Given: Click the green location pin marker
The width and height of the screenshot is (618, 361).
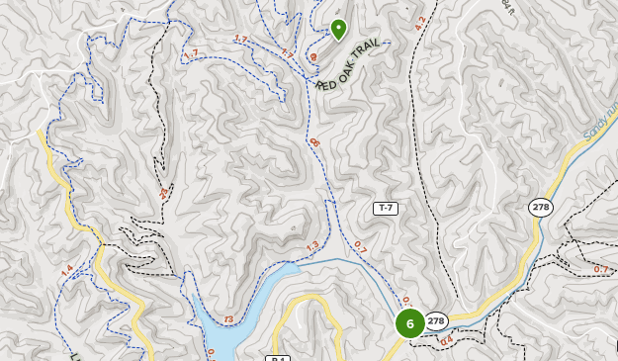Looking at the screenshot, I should [x=338, y=29].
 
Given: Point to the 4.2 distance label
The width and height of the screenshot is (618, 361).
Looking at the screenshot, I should [x=420, y=23].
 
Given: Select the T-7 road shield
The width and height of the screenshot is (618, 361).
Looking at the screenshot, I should [x=385, y=208].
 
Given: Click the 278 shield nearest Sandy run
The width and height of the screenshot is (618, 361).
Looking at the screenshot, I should [x=540, y=207].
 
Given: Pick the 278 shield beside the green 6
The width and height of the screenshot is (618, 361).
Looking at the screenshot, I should [x=436, y=320].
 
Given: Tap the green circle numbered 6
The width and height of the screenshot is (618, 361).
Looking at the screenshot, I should [x=409, y=323].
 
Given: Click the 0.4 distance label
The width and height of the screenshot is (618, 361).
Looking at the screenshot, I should [x=446, y=341].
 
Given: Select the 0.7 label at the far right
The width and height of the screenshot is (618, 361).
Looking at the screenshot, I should [x=601, y=269].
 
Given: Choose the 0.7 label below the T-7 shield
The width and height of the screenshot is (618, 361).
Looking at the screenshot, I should [x=360, y=248].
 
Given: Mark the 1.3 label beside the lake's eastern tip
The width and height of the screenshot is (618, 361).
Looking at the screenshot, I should [x=313, y=246].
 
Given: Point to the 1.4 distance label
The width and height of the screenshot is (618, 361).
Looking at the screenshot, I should [x=67, y=271].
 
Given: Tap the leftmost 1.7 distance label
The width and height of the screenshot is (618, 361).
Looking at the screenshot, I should [x=191, y=54].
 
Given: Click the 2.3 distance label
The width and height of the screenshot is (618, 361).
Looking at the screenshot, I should [x=164, y=193].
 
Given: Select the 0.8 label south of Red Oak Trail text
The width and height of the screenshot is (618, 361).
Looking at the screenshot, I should [x=315, y=143].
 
